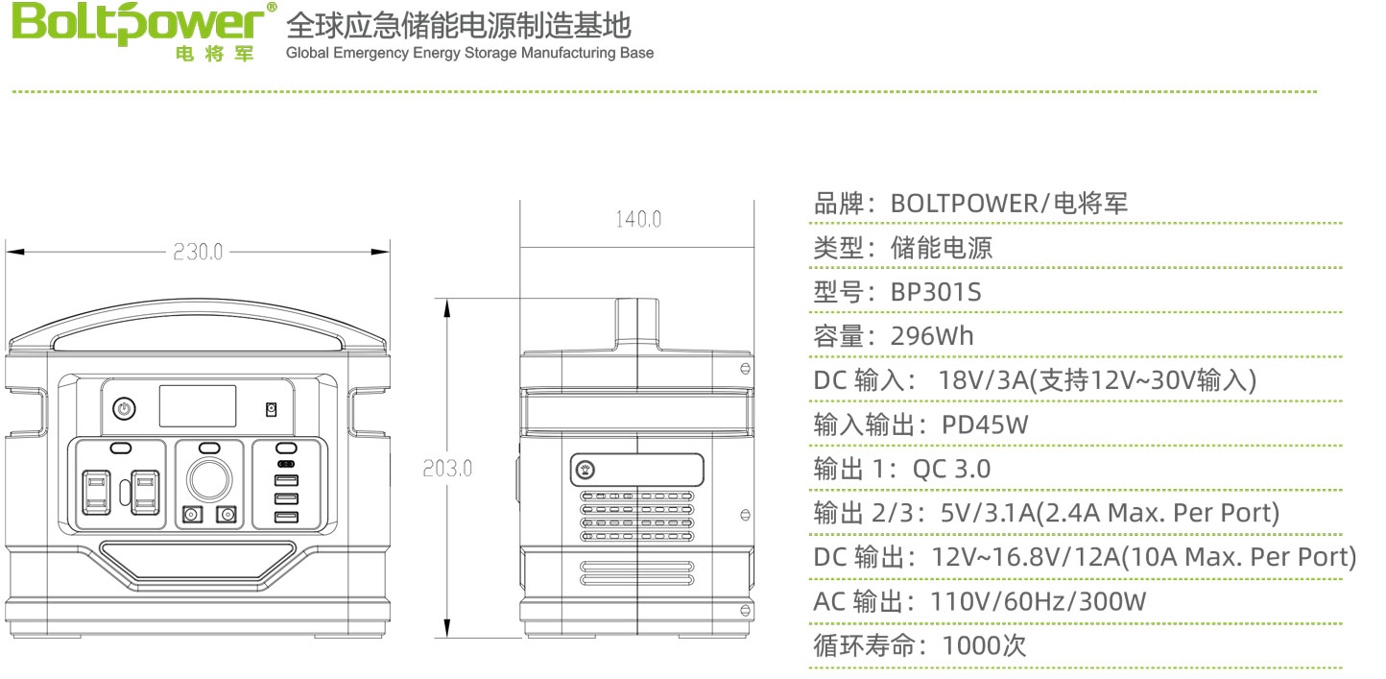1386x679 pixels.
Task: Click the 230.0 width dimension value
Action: pyautogui.click(x=198, y=252)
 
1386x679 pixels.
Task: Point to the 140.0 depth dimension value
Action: pyautogui.click(x=638, y=220)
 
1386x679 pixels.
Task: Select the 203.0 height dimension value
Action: pyautogui.click(x=447, y=470)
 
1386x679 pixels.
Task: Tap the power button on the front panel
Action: pyautogui.click(x=122, y=409)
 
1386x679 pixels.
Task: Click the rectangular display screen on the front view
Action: pyautogui.click(x=198, y=406)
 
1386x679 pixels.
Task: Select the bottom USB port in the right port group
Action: pyautogui.click(x=285, y=519)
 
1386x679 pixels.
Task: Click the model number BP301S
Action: pyautogui.click(x=936, y=292)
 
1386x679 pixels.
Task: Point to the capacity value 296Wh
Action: pyautogui.click(x=931, y=336)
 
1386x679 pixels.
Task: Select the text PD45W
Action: pyautogui.click(x=985, y=424)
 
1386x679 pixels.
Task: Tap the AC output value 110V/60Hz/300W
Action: pyautogui.click(x=1039, y=602)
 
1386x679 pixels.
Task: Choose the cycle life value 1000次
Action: pyautogui.click(x=985, y=645)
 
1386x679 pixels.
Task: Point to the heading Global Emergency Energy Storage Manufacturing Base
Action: pyautogui.click(x=469, y=53)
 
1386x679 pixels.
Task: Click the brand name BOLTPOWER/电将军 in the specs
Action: pyautogui.click(x=1009, y=204)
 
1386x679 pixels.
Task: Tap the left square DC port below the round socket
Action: pyautogui.click(x=190, y=516)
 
